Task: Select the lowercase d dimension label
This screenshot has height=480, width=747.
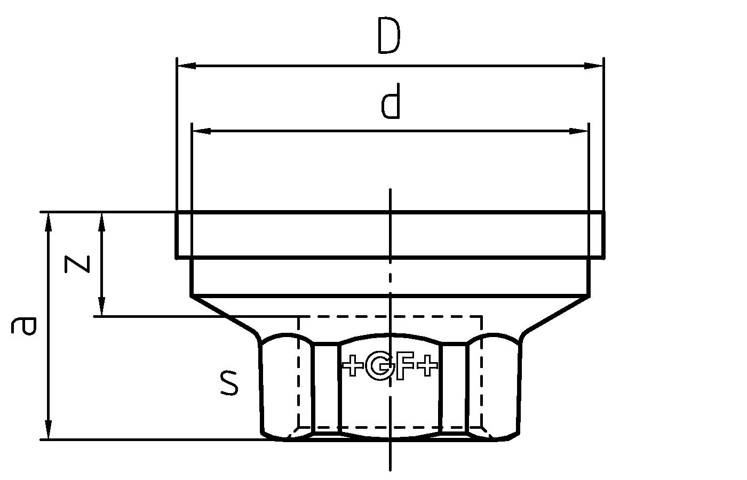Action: pos(391,105)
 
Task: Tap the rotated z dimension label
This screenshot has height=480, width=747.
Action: pos(77,264)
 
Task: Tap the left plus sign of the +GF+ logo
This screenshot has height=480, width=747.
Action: pos(352,366)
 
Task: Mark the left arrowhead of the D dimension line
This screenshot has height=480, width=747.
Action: pos(186,66)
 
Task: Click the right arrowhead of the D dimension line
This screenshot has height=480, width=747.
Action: pos(593,66)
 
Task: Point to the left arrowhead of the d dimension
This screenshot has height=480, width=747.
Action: pos(202,131)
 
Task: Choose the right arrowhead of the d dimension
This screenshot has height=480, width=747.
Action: pos(578,131)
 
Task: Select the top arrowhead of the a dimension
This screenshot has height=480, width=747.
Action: pos(49,221)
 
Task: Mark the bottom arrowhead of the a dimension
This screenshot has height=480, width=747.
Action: pos(49,430)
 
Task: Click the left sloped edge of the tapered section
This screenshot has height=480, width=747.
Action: pos(224,315)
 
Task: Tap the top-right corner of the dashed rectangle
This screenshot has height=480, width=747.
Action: pos(482,317)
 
